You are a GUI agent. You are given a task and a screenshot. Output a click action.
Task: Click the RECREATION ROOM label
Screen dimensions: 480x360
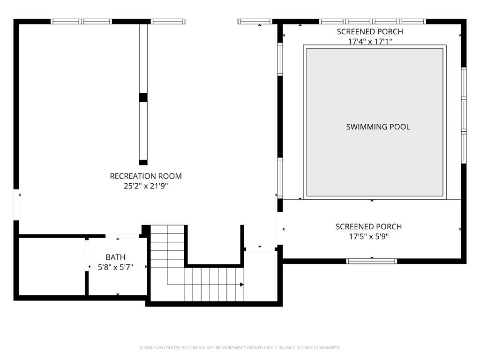coord(146,176)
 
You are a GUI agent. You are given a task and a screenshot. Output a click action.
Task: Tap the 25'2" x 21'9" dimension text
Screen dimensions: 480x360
coord(146,186)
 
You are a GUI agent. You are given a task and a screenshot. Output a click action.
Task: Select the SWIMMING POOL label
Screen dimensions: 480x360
coord(378,127)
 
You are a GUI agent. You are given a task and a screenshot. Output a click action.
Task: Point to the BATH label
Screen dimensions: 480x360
coord(115,257)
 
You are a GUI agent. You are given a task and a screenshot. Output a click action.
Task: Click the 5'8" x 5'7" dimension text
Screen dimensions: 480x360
coord(115,267)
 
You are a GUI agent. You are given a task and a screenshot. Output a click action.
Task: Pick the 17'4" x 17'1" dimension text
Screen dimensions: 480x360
coord(370,41)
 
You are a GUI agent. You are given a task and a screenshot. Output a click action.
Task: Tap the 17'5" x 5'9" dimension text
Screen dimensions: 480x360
coord(369,236)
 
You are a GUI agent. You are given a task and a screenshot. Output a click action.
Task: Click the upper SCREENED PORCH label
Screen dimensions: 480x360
coord(370,31)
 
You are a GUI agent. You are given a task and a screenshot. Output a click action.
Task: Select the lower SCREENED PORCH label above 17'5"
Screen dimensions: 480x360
coord(368,226)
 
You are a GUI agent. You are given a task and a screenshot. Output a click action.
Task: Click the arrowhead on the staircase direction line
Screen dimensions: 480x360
coord(242,285)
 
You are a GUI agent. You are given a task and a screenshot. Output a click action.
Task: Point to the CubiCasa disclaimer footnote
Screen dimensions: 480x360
coord(240,348)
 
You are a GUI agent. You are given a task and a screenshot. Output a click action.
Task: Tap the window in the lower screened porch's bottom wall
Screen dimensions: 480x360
coord(372,261)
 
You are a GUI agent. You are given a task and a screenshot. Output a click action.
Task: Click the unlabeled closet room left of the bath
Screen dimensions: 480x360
coord(52,267)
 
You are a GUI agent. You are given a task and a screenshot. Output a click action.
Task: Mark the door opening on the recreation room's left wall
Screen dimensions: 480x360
coord(16,204)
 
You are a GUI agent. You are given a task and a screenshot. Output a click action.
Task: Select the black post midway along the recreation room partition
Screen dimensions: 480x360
coord(143,97)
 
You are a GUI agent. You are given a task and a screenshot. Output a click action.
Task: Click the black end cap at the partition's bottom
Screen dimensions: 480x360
coord(143,162)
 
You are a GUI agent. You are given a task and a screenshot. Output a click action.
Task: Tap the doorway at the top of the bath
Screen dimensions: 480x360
coord(122,236)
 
